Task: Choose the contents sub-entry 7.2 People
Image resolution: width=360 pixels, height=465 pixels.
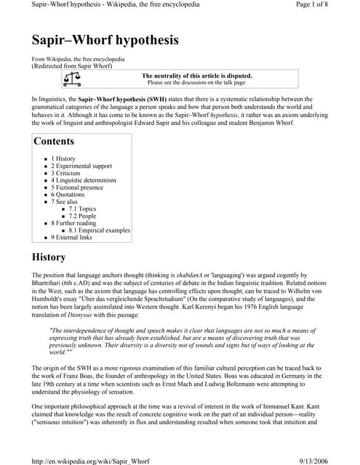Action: point(82,217)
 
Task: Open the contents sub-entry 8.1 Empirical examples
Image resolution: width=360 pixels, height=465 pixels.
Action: point(99,230)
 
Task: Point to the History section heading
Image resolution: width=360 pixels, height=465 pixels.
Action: point(49,257)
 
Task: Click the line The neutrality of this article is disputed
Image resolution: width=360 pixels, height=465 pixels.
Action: point(196,76)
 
